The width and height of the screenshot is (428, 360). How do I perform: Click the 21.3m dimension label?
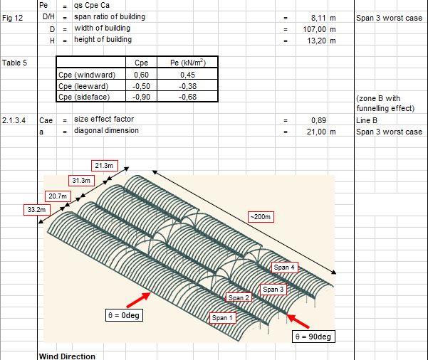click(x=104, y=165)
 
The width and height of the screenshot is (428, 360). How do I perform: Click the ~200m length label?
click(x=260, y=216)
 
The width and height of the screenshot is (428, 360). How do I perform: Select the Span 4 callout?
click(x=283, y=268)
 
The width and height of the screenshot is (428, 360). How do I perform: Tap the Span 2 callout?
click(x=239, y=297)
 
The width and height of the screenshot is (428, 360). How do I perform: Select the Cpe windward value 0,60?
click(x=141, y=74)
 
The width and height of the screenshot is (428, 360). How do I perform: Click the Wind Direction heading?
click(x=66, y=356)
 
